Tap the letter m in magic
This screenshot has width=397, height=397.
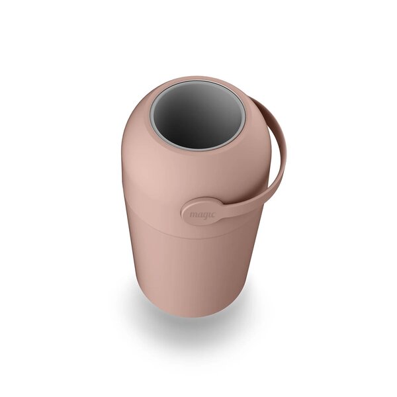click(193, 214)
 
